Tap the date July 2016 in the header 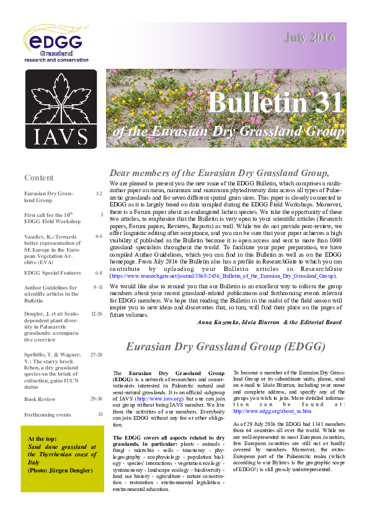[309, 38]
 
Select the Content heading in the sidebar [38, 177]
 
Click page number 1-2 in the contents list [99, 194]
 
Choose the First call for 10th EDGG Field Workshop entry [53, 218]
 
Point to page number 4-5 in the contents [99, 236]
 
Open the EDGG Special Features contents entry [55, 272]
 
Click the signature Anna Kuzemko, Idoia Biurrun [269, 322]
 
